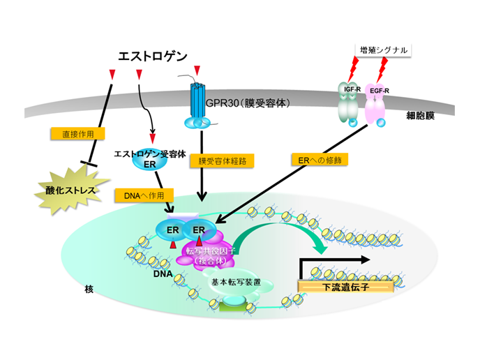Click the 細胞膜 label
(421, 115)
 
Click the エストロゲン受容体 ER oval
(149, 159)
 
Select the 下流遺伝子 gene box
(332, 287)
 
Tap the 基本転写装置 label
(237, 283)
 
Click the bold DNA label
(162, 273)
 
